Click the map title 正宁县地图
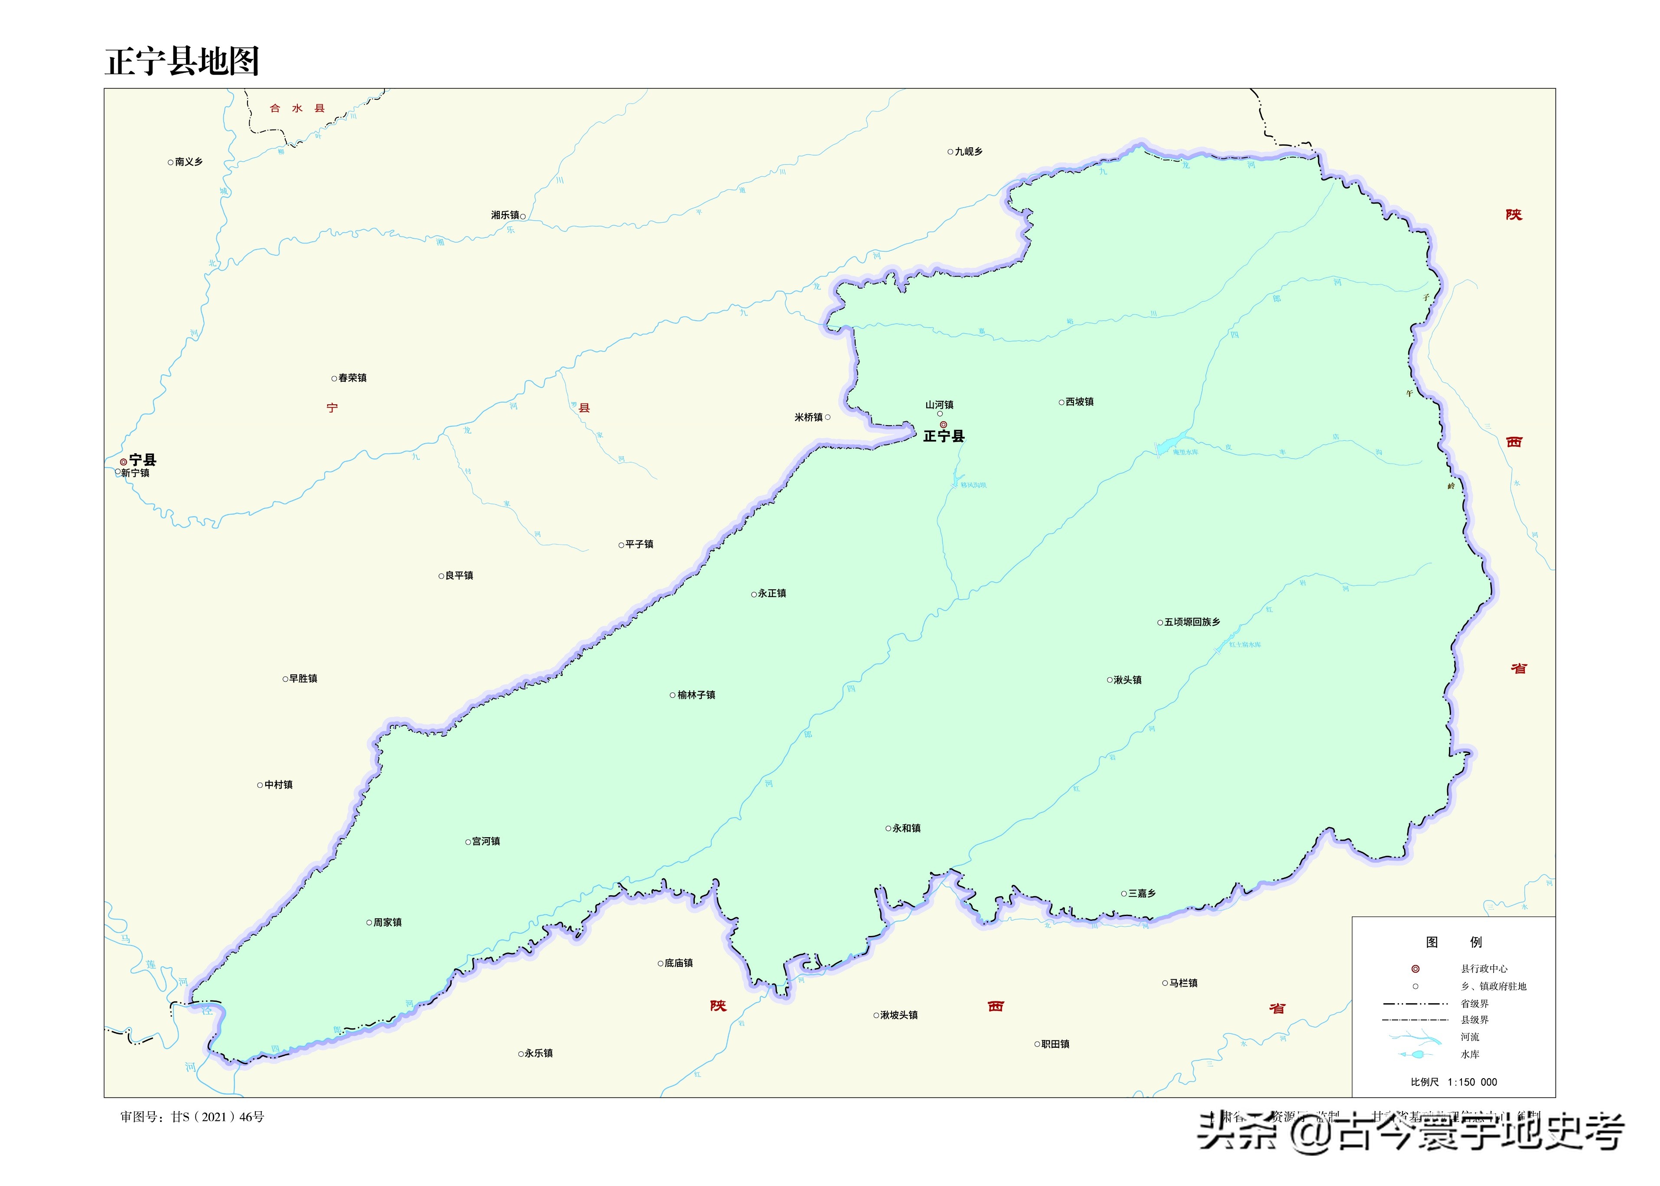click(x=182, y=62)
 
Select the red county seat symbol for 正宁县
click(x=944, y=424)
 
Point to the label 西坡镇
click(x=1079, y=402)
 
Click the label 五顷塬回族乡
click(x=1192, y=622)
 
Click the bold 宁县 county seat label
click(x=143, y=460)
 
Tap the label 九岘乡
click(x=968, y=152)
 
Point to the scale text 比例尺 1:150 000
click(x=1453, y=1082)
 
